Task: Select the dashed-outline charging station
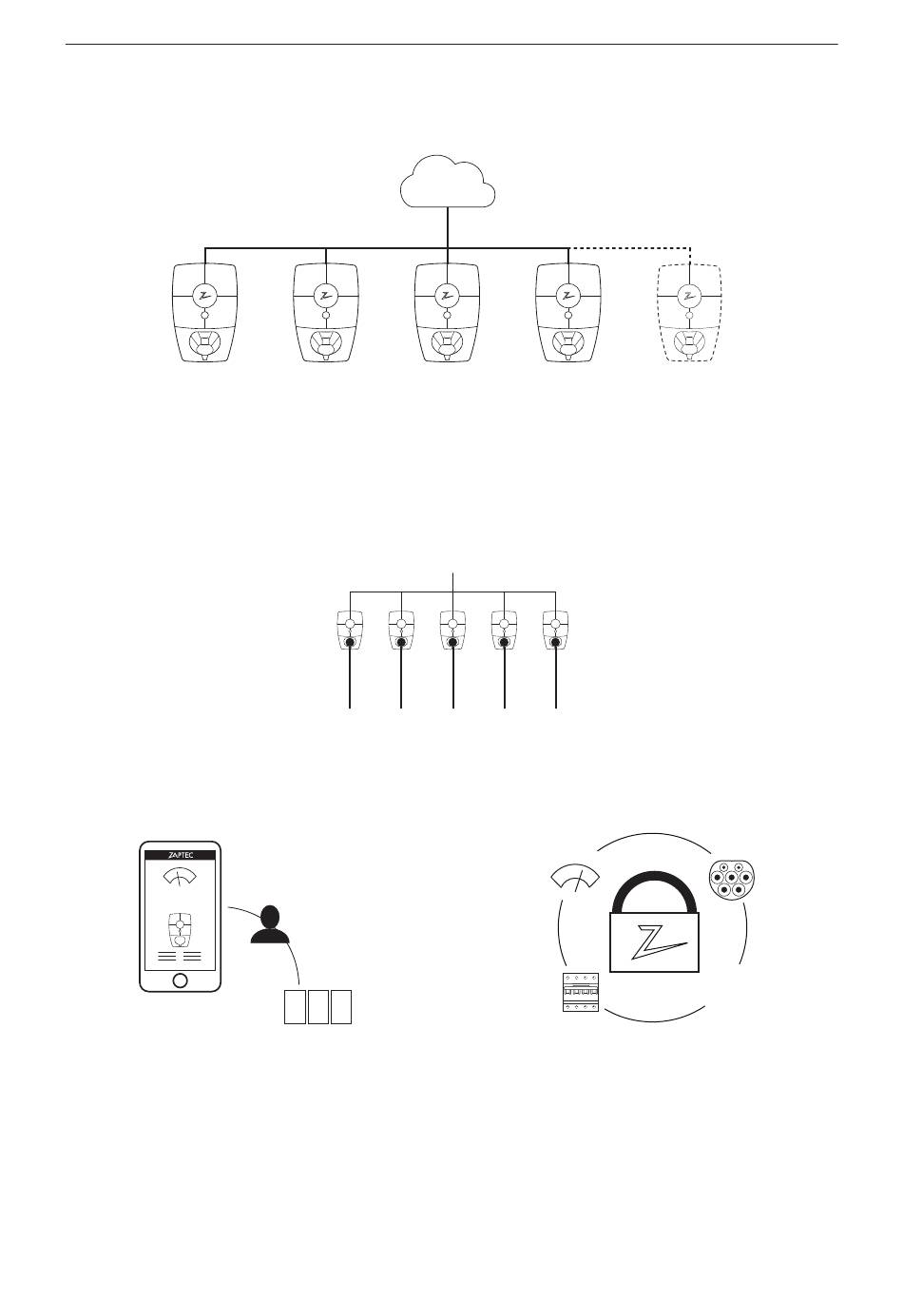pyautogui.click(x=689, y=313)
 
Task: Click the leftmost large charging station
pyautogui.click(x=204, y=313)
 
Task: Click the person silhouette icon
pyautogui.click(x=271, y=924)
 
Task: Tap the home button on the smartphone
pyautogui.click(x=180, y=980)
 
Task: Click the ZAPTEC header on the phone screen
pyautogui.click(x=180, y=855)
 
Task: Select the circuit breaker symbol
pyautogui.click(x=580, y=993)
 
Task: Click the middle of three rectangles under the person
pyautogui.click(x=317, y=1007)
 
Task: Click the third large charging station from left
pyautogui.click(x=447, y=313)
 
